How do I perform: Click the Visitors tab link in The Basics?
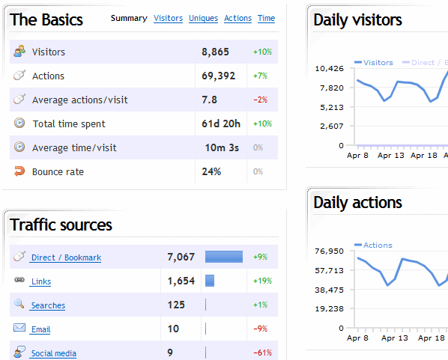click(168, 18)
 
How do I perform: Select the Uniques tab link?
click(203, 18)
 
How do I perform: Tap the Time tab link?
click(266, 18)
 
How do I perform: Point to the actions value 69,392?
click(218, 76)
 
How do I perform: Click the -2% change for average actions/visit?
click(261, 100)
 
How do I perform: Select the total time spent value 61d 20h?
click(220, 124)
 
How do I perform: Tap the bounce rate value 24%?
click(211, 172)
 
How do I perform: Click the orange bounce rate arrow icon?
click(19, 171)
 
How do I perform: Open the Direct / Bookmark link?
click(66, 258)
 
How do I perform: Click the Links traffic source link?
click(41, 282)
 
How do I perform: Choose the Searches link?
click(48, 306)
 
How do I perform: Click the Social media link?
click(53, 353)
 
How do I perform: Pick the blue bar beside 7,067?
click(224, 257)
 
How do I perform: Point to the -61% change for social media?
click(262, 353)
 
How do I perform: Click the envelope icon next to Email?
click(19, 328)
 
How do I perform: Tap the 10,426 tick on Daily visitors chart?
click(330, 69)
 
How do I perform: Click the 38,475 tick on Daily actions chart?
click(330, 290)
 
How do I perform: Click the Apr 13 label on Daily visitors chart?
click(390, 156)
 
